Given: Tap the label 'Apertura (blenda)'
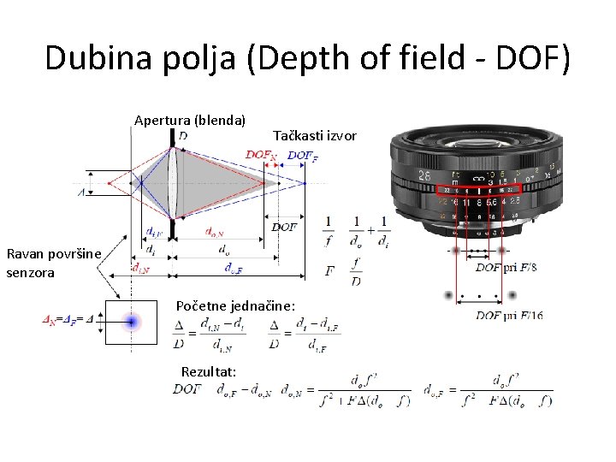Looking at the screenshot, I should point(190,120).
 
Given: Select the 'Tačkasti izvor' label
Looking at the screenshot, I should point(314,135).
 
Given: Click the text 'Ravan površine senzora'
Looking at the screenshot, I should point(53,263).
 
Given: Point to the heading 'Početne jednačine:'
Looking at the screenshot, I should point(235,305).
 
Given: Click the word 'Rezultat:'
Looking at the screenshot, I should point(209,370).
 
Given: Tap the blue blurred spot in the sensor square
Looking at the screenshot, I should point(132,322).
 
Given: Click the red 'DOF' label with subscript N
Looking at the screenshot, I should point(261,155).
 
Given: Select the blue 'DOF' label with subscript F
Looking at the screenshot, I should point(303,155).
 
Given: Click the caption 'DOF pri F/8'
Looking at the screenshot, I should point(507,268).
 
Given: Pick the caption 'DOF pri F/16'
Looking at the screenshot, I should point(509,316).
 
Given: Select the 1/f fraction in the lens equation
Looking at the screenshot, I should point(329,231).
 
